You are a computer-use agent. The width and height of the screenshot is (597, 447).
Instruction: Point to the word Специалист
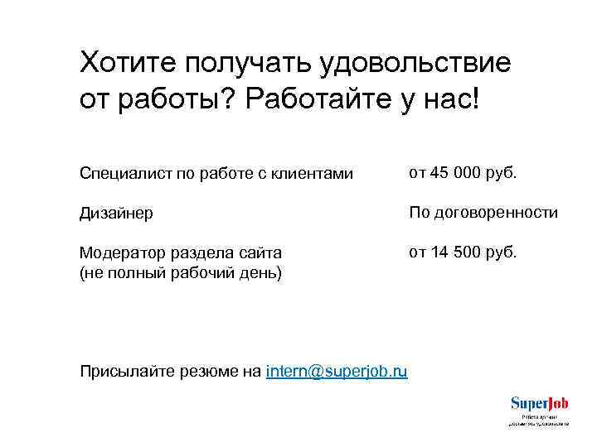coord(121,174)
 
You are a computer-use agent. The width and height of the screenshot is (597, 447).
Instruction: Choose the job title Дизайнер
coord(115,214)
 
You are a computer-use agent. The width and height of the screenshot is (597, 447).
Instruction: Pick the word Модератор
coord(119,252)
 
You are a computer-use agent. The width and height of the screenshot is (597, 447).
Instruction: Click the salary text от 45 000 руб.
coord(462,173)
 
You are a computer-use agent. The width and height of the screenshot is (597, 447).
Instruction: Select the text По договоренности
coord(483,213)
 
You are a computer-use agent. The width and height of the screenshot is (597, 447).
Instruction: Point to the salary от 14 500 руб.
coord(462,252)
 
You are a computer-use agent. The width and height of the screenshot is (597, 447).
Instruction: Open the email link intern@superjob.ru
coord(337,371)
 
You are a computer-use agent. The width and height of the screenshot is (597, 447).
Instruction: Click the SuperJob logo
coord(539,410)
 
